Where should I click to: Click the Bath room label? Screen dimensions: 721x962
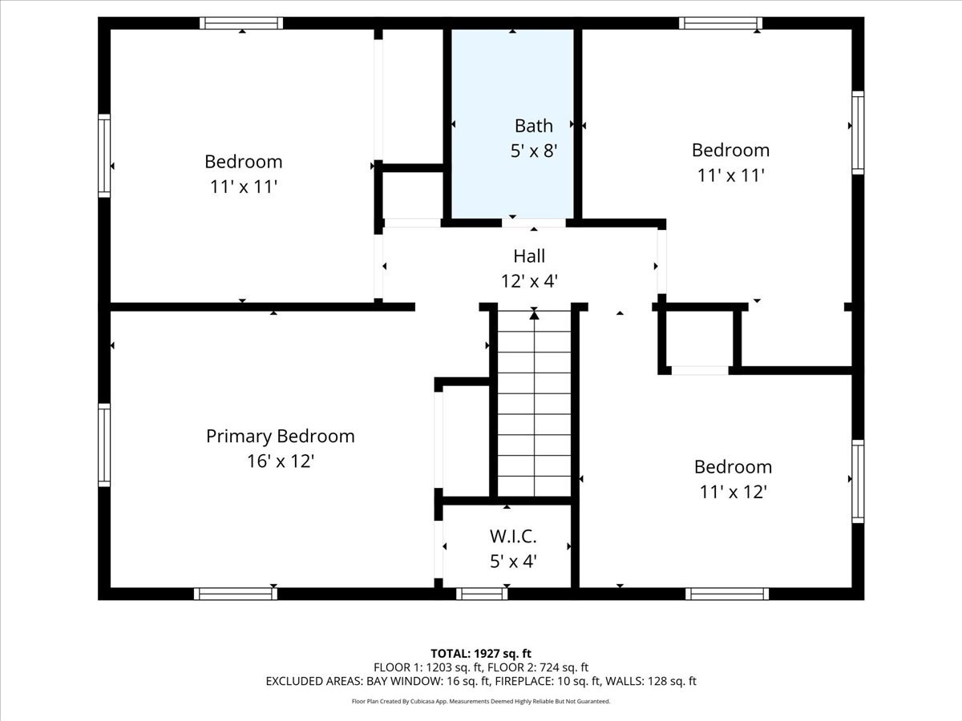pos(533,126)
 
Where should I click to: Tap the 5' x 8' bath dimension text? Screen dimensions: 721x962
pos(533,150)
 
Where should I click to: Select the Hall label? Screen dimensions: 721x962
pos(529,256)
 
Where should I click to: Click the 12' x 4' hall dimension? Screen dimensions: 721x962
pos(529,281)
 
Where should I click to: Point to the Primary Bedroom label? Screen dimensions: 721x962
pos(280,437)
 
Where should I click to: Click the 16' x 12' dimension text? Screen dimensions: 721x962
pos(280,461)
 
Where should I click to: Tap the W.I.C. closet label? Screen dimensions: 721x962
pos(513,535)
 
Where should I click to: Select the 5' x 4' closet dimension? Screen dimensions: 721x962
pos(513,561)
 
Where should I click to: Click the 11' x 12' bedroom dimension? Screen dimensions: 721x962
pos(733,492)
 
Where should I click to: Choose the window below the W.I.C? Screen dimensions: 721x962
pos(482,594)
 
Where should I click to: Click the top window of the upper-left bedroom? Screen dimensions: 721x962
pos(241,23)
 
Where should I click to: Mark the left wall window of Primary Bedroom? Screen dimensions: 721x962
pos(104,445)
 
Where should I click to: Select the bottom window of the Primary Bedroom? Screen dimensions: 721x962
pos(236,594)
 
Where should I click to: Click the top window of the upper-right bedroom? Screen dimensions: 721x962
pos(720,23)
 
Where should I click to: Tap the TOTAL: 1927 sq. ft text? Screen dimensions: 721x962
pos(481,654)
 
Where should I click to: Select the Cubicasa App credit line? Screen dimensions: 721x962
pos(481,701)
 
